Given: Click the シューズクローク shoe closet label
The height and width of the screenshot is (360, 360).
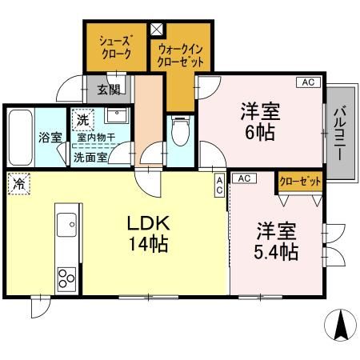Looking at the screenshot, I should (x=115, y=47).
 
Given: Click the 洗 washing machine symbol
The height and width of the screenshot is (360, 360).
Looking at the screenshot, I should (x=82, y=121).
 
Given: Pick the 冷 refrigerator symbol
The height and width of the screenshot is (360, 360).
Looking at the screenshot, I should (x=17, y=184).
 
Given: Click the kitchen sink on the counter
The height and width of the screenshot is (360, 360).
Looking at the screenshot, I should (x=65, y=223).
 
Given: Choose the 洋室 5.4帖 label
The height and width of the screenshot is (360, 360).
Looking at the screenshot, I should (x=277, y=242).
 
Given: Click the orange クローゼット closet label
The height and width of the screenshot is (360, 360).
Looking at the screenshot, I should (x=300, y=182).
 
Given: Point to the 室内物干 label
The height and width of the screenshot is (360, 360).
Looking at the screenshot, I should (x=95, y=138).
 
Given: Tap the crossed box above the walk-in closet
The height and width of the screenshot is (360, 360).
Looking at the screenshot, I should (x=156, y=29).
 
